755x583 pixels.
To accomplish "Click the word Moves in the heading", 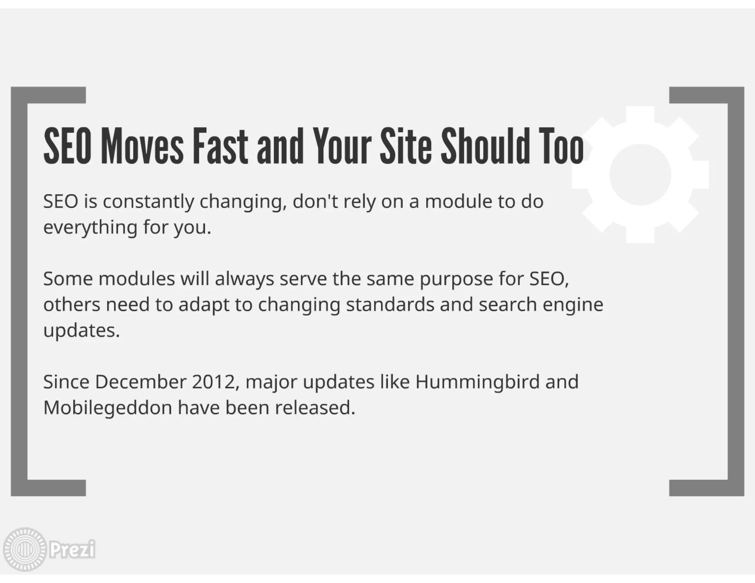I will pos(142,146).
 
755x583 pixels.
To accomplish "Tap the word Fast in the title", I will pos(220,146).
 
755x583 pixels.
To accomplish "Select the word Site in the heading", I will pos(406,146).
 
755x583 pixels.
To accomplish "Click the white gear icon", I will pos(640,175).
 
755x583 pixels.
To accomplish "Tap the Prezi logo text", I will pos(72,549).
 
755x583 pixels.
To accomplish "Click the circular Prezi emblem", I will pos(24,549).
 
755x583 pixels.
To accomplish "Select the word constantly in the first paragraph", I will pos(148,202).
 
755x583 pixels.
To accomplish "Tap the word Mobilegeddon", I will pos(108,408).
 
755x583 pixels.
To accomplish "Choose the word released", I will pos(315,408).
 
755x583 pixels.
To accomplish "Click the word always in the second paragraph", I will pos(244,279).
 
